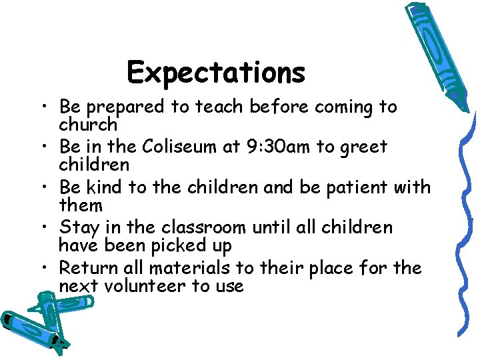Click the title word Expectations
[215, 73]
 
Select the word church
[88, 125]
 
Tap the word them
[80, 205]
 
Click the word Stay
[81, 227]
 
